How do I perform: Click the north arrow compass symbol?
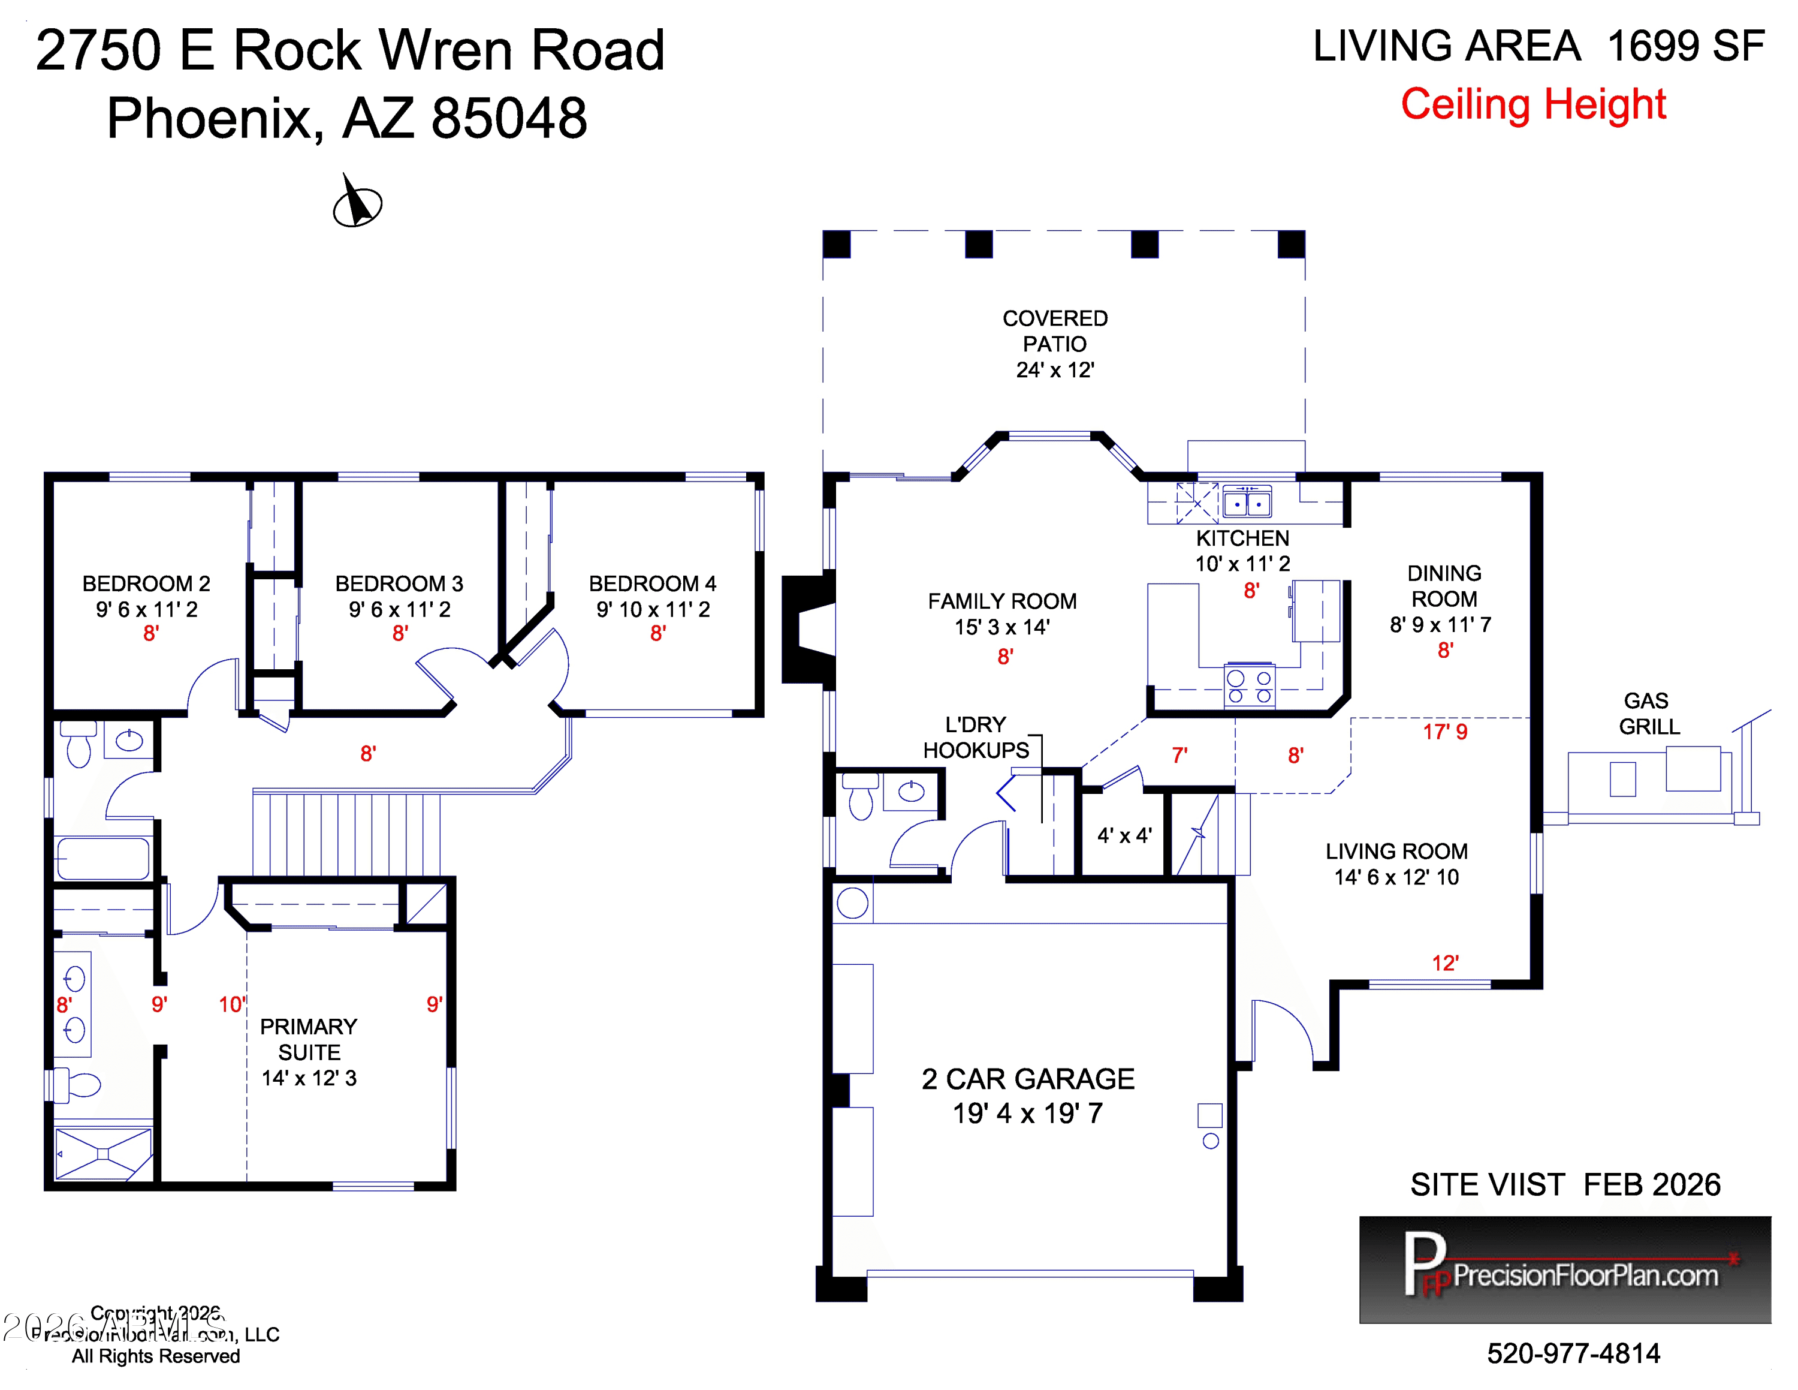(x=357, y=203)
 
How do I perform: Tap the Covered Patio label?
(x=1055, y=344)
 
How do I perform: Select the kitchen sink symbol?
(x=1247, y=501)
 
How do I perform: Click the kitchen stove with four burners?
(x=1249, y=686)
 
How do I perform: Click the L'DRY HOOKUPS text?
(x=976, y=737)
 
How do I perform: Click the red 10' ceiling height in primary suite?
(x=232, y=1004)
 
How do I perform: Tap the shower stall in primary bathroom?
(x=103, y=1154)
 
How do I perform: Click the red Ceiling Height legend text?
(x=1533, y=104)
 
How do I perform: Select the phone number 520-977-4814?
(x=1573, y=1352)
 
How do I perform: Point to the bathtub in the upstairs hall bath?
(x=103, y=859)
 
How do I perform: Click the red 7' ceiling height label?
(x=1179, y=755)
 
